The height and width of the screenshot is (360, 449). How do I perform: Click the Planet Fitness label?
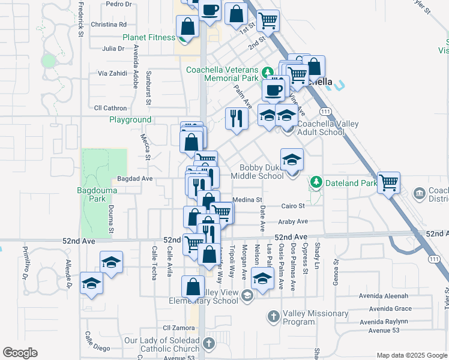[x=149, y=37]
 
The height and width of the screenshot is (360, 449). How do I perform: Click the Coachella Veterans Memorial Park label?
[x=222, y=74]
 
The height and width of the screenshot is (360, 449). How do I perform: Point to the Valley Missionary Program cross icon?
[x=274, y=316]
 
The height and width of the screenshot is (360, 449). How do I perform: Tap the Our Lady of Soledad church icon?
[x=208, y=344]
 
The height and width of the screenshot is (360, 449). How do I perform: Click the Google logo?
[x=20, y=353]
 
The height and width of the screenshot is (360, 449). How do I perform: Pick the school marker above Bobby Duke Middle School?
[x=292, y=159]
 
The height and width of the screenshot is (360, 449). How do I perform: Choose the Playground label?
[x=130, y=120]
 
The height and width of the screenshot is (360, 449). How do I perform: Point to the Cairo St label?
[x=293, y=206]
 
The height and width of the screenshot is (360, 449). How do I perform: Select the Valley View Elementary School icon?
[x=247, y=295]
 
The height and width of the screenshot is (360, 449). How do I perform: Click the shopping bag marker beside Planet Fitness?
[x=188, y=27]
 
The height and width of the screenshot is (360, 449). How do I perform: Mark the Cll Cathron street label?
[x=110, y=108]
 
